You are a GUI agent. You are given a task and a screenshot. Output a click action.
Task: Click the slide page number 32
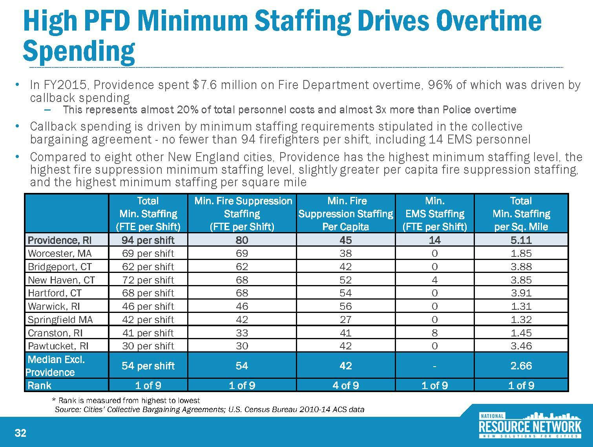20,433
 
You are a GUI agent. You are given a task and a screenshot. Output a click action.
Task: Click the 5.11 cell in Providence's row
521,240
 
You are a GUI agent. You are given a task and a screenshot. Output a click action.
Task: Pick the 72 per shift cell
148,280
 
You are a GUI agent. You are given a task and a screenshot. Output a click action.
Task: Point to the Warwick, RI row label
54,306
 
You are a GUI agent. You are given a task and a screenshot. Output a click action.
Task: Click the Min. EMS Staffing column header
434,214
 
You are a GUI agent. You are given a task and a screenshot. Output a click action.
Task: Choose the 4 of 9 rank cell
345,385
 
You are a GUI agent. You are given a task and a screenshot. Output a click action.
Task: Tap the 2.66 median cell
521,366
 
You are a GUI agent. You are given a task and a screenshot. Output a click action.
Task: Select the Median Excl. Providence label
55,366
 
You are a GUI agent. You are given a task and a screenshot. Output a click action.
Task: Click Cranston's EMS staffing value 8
434,333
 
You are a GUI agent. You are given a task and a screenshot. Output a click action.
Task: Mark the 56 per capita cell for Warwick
345,306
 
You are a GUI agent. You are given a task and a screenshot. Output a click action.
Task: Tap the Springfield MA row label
60,320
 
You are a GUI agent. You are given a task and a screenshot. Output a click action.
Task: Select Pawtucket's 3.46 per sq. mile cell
521,346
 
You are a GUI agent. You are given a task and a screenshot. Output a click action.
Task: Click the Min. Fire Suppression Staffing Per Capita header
345,214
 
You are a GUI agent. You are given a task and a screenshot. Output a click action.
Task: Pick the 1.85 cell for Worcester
521,253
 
